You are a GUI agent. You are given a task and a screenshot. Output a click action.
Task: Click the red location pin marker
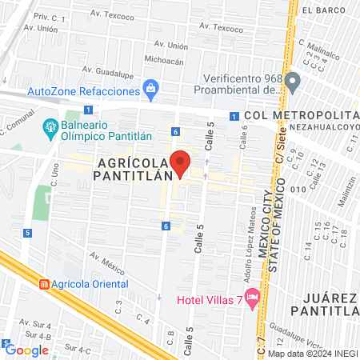tap(181, 162)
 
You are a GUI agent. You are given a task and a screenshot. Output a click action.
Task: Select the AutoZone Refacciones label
tap(83, 90)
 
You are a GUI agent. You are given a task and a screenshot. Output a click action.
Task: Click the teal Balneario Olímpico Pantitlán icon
tap(50, 126)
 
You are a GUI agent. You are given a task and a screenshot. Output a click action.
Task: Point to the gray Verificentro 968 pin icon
tap(293, 80)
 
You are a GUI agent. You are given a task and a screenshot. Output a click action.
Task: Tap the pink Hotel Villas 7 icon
tap(254, 299)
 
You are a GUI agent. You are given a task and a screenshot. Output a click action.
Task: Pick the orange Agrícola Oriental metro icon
tap(43, 284)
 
